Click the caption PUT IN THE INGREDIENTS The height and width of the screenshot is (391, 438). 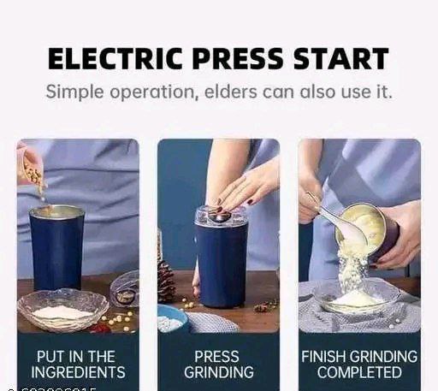point(78,364)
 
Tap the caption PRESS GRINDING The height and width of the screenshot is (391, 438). point(218,364)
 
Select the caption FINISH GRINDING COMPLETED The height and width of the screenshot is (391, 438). point(359,364)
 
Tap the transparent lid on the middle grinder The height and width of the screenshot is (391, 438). point(221,216)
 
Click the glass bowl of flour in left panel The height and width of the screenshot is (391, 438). point(62,309)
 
